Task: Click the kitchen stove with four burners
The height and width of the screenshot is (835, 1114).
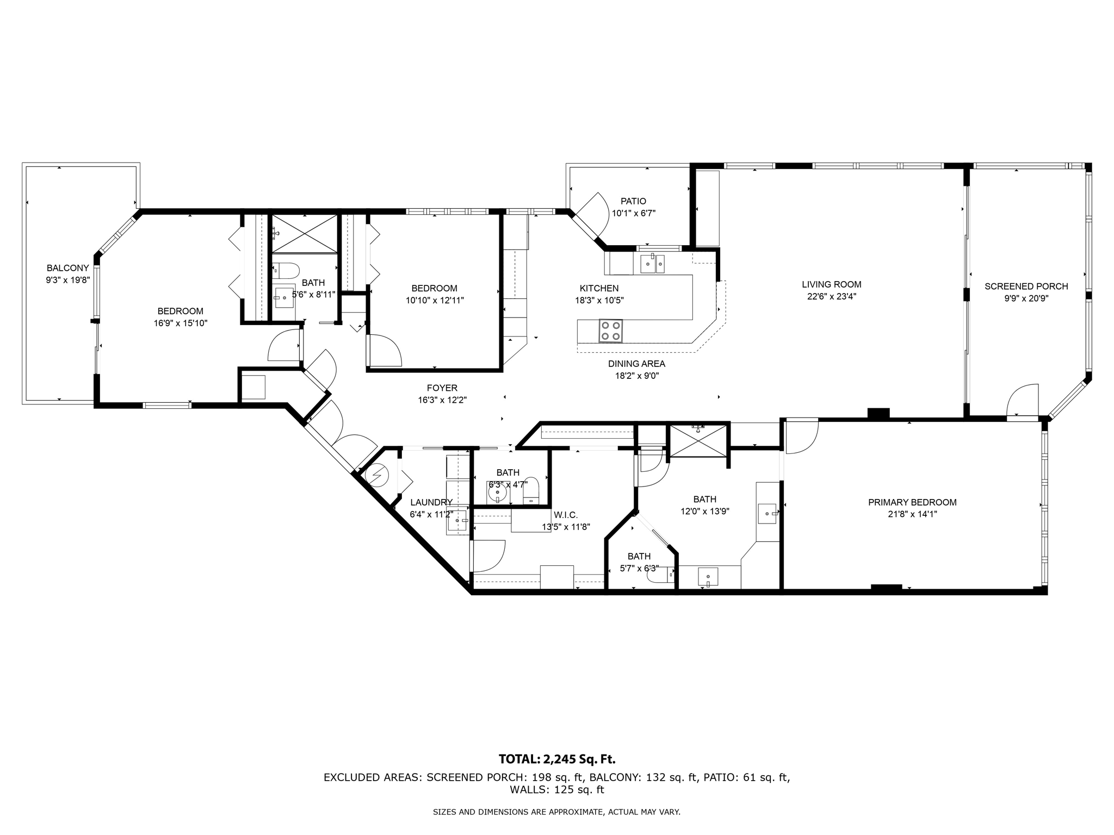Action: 610,331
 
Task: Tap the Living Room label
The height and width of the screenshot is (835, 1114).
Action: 832,284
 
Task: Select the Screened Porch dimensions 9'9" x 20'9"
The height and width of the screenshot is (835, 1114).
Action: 1026,298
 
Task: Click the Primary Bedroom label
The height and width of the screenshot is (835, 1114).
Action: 912,502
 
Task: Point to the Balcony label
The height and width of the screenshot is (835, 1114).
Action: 67,268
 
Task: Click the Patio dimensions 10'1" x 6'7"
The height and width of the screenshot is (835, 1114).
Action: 634,213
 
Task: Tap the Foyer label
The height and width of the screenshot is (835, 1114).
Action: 442,388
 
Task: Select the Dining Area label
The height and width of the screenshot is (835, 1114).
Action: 636,364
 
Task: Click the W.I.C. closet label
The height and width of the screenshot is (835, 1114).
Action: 566,515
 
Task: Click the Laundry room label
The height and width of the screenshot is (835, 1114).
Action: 431,502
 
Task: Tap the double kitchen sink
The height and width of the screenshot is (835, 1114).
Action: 652,264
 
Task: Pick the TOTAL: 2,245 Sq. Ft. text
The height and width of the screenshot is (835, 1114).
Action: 557,759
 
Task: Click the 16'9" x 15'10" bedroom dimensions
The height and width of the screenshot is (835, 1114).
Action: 180,323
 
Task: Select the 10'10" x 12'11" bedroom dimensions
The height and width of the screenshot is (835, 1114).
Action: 434,300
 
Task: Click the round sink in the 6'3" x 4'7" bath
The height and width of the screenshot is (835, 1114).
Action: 497,494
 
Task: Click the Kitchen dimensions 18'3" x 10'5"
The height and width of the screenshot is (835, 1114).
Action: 599,300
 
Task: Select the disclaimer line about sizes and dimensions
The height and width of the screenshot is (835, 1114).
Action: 556,812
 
